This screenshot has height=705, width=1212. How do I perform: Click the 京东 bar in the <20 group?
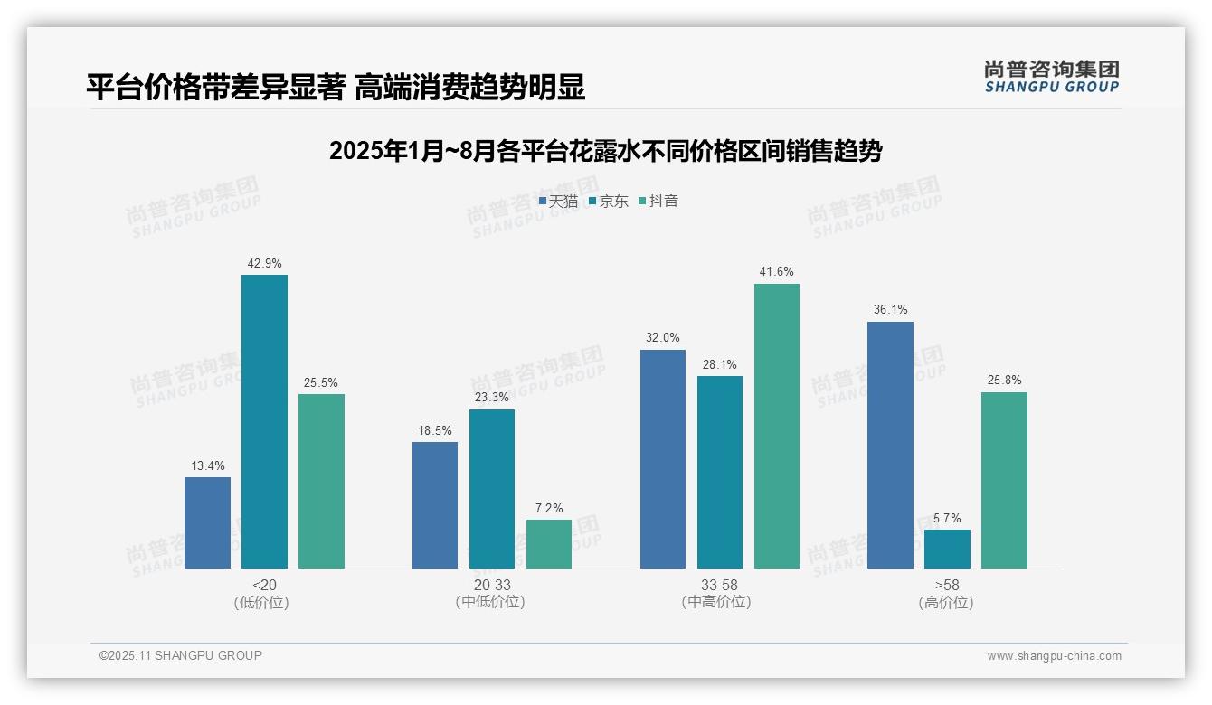pyautogui.click(x=264, y=421)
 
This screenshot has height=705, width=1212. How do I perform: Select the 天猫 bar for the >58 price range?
pyautogui.click(x=890, y=445)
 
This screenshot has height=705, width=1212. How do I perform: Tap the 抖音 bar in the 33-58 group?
pyautogui.click(x=777, y=426)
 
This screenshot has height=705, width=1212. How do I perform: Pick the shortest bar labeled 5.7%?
pyautogui.click(x=947, y=549)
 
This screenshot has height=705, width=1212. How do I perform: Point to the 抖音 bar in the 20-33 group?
pyautogui.click(x=549, y=544)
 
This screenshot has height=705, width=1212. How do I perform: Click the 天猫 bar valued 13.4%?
pyautogui.click(x=207, y=522)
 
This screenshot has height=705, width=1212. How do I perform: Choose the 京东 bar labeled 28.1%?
pyautogui.click(x=720, y=472)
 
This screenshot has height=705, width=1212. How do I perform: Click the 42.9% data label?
pyautogui.click(x=264, y=264)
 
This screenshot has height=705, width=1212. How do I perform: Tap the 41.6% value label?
pyautogui.click(x=777, y=272)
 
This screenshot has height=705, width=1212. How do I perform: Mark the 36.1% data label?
pyautogui.click(x=890, y=310)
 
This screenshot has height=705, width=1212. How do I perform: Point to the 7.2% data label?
pyautogui.click(x=549, y=509)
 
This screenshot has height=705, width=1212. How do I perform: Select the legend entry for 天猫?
pyautogui.click(x=558, y=202)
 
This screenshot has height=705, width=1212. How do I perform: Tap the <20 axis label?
pyautogui.click(x=264, y=586)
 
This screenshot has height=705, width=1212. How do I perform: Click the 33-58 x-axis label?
pyautogui.click(x=719, y=586)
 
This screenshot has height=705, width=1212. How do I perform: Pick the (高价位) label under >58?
pyautogui.click(x=947, y=602)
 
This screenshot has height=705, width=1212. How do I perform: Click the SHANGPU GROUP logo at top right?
pyautogui.click(x=1051, y=77)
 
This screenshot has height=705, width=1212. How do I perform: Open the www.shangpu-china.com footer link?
pyautogui.click(x=1054, y=656)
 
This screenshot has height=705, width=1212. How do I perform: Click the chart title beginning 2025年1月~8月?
pyautogui.click(x=605, y=151)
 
